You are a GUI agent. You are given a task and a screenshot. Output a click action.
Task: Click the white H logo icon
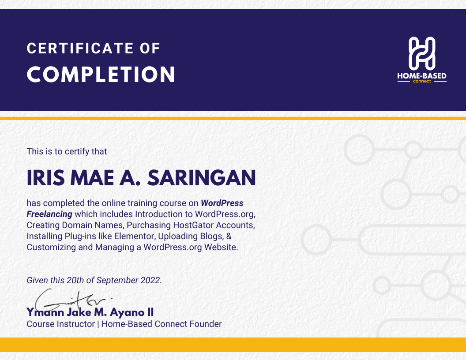(x=422, y=54)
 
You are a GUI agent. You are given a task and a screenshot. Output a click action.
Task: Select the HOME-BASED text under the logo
(x=422, y=76)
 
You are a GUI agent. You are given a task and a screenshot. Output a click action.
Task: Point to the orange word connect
(x=422, y=81)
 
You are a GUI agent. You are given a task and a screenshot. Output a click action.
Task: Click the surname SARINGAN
(x=202, y=178)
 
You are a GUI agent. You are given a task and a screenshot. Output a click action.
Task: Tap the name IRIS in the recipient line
(x=46, y=178)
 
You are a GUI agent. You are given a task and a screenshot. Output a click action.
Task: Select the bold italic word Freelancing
(x=49, y=214)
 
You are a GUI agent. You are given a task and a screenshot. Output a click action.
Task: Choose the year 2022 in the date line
(x=151, y=280)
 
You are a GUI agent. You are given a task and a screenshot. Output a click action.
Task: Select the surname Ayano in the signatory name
(x=127, y=312)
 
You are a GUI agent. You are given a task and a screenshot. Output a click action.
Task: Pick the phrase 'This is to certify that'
(x=67, y=151)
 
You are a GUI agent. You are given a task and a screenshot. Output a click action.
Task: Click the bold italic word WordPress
(x=222, y=203)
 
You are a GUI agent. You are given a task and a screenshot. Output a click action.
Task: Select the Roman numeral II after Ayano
(x=150, y=312)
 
